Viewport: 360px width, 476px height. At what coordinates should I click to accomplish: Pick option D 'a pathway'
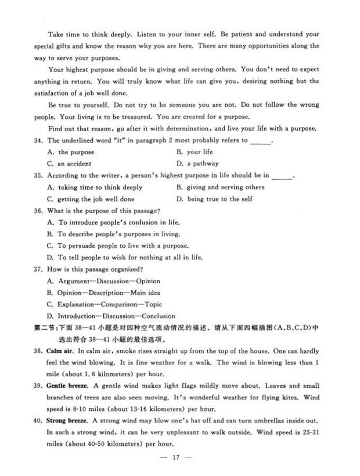[x=198, y=164]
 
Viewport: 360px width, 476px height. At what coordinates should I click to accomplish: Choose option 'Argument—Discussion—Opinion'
[x=105, y=281]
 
